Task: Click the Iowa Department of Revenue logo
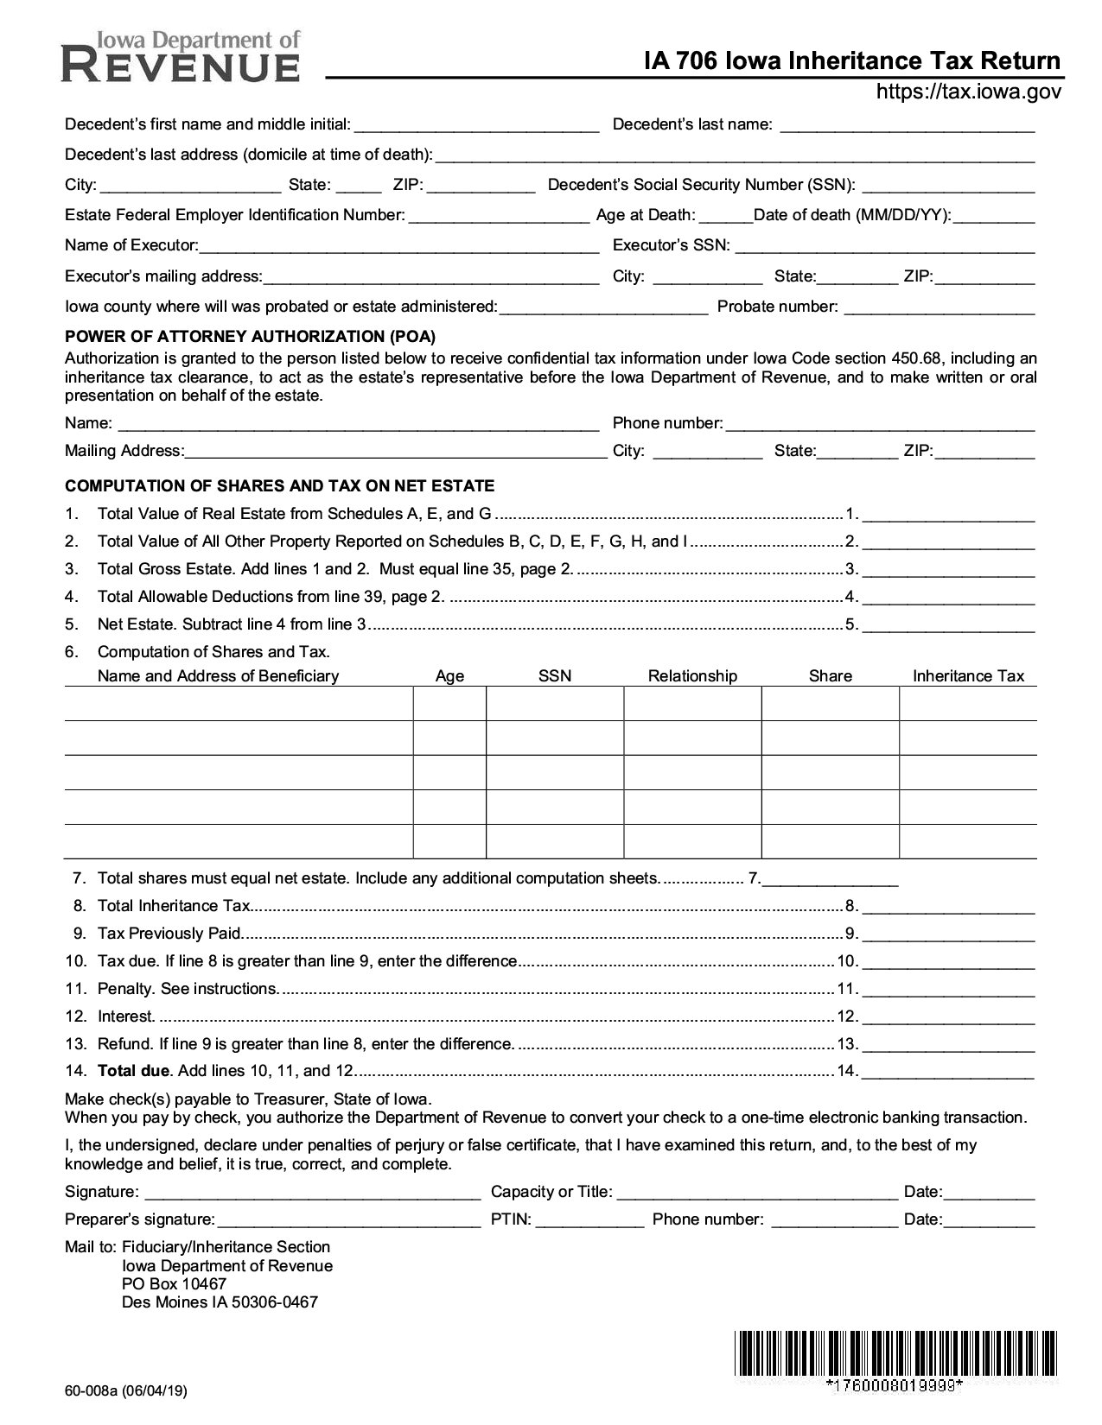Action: tap(182, 57)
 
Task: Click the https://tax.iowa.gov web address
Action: tap(968, 92)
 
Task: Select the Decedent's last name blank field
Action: tap(907, 125)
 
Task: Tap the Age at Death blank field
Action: tap(725, 216)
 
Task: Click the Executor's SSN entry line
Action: tap(884, 246)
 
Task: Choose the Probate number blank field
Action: tap(939, 307)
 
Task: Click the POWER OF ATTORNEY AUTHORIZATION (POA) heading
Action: tap(250, 337)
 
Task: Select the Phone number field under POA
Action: tap(880, 424)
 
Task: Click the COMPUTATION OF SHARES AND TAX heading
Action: tap(279, 486)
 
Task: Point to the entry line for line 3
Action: tap(948, 570)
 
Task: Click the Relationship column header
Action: tap(692, 676)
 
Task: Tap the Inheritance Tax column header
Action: tap(968, 676)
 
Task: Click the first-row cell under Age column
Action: tap(449, 704)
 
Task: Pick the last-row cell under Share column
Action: tap(830, 841)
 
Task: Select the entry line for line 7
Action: tap(830, 879)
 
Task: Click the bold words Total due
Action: tap(134, 1071)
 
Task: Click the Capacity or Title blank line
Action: tap(757, 1193)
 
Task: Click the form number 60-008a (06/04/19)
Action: tap(125, 1390)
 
